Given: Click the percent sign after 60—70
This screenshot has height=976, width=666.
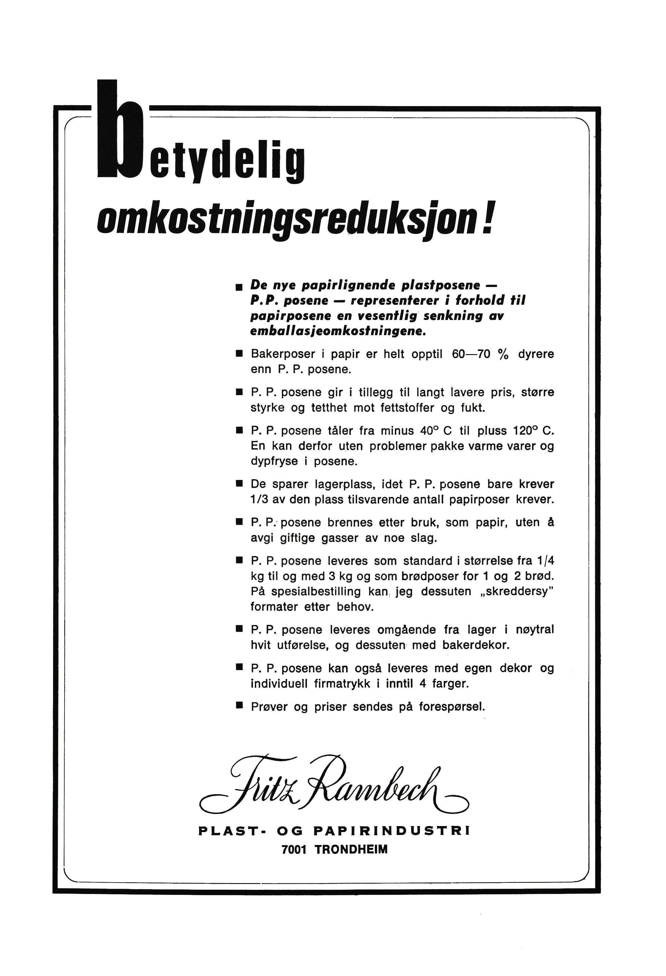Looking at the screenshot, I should (503, 354).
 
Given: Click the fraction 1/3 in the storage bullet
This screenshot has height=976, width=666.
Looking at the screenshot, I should (259, 500).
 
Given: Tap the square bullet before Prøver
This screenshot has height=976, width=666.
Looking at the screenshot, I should (239, 706).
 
